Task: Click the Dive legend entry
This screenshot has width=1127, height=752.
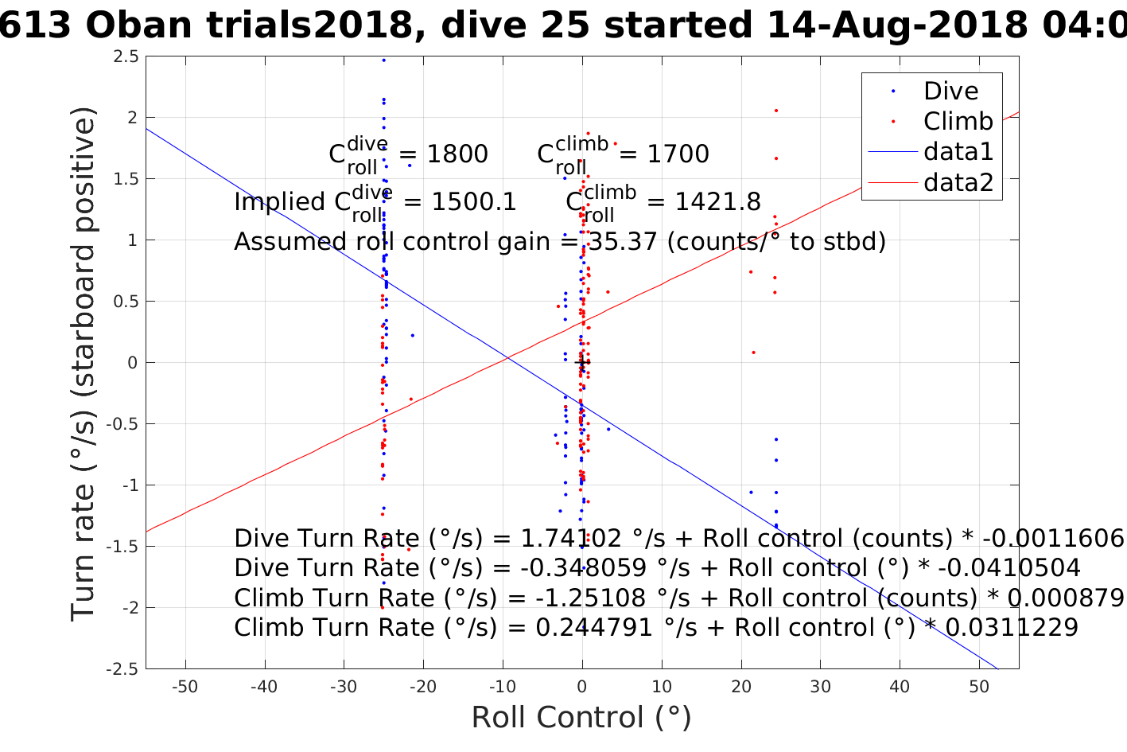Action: click(x=950, y=92)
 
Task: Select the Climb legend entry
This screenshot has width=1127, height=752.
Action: click(x=958, y=122)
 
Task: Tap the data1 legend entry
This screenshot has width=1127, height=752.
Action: click(x=958, y=152)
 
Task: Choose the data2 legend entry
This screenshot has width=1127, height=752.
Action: click(x=958, y=182)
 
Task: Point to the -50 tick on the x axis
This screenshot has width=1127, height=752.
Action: click(x=185, y=687)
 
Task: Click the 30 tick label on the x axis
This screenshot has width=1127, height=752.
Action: click(x=820, y=687)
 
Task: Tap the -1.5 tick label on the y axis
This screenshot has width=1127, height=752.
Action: click(x=124, y=547)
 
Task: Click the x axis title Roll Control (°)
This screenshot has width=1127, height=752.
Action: click(x=581, y=718)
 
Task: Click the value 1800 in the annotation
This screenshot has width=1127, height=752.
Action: click(x=457, y=154)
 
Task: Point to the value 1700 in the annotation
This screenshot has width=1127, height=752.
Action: click(x=678, y=154)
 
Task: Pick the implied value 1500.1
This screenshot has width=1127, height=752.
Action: click(x=473, y=202)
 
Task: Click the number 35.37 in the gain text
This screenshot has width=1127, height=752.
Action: click(x=622, y=242)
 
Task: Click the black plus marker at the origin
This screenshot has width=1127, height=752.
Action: click(x=582, y=363)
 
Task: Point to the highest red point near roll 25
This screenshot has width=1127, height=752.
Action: click(x=775, y=111)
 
